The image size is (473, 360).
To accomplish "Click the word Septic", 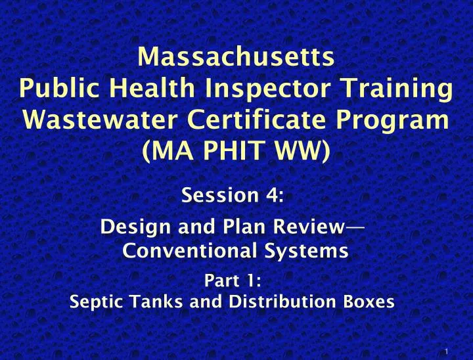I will click(93, 302).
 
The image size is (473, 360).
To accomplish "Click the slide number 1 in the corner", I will click(447, 351).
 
